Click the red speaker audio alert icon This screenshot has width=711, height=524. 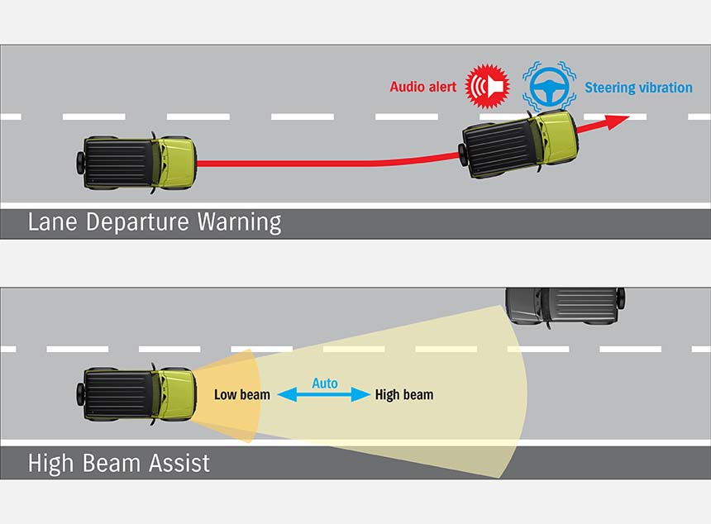[488, 86]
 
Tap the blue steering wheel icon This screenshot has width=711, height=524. [549, 86]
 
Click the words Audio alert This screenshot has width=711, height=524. [423, 87]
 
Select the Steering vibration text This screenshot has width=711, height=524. [638, 88]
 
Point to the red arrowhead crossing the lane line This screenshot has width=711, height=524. [616, 121]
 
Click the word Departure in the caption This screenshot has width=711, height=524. [137, 222]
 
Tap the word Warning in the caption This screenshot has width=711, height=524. [240, 222]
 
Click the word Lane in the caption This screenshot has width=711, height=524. [52, 222]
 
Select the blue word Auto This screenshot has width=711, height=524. [325, 383]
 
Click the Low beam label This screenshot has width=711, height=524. [242, 395]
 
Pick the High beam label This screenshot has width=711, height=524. [404, 395]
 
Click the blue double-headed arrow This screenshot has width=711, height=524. [324, 394]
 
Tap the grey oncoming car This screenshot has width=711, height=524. [565, 307]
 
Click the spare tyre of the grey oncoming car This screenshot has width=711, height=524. [621, 298]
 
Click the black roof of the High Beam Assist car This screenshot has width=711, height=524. [119, 394]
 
